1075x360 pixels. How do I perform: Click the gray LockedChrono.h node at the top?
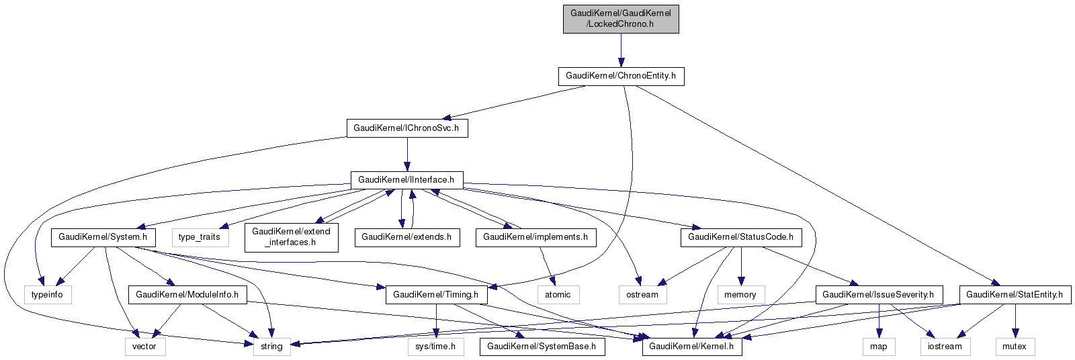(x=621, y=18)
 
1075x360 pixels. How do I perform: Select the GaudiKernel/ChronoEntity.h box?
(x=621, y=76)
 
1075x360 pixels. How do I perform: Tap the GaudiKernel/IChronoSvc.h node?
(x=406, y=128)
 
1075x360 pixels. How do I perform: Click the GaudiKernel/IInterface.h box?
(x=406, y=180)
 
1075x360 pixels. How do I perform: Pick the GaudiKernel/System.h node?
(x=103, y=237)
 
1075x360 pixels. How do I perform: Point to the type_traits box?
(x=200, y=237)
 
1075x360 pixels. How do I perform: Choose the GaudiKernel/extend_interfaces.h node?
(x=291, y=237)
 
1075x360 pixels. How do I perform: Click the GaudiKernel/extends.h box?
(x=406, y=237)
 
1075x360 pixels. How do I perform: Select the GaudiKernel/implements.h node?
(x=535, y=237)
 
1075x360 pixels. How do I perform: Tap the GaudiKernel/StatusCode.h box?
(x=741, y=237)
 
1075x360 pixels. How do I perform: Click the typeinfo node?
(x=47, y=294)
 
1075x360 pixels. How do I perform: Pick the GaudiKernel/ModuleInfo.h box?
(x=187, y=294)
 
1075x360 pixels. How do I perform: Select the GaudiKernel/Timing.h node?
(x=436, y=294)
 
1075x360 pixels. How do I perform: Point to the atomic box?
(x=558, y=294)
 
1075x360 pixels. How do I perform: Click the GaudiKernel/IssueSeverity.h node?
(x=879, y=294)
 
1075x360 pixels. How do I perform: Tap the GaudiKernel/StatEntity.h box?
(x=1015, y=294)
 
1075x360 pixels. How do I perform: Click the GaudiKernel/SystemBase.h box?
(x=542, y=347)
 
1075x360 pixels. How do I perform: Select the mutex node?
(x=1015, y=347)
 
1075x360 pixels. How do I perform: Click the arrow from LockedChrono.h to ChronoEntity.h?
(x=621, y=50)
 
